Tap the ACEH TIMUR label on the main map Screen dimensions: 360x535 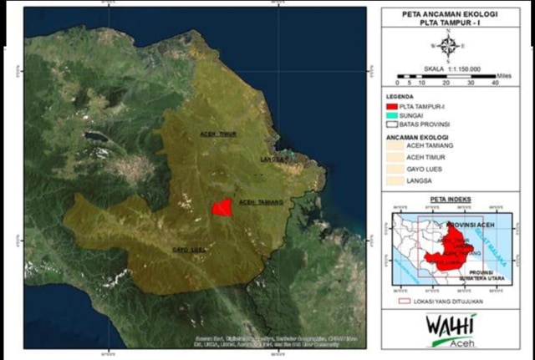tap(218, 134)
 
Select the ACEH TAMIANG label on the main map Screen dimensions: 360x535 tap(262, 202)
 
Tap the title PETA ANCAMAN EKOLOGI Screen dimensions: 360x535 tap(450, 14)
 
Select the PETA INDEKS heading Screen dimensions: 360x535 tap(450, 200)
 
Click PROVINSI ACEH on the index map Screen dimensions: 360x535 tap(471, 226)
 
